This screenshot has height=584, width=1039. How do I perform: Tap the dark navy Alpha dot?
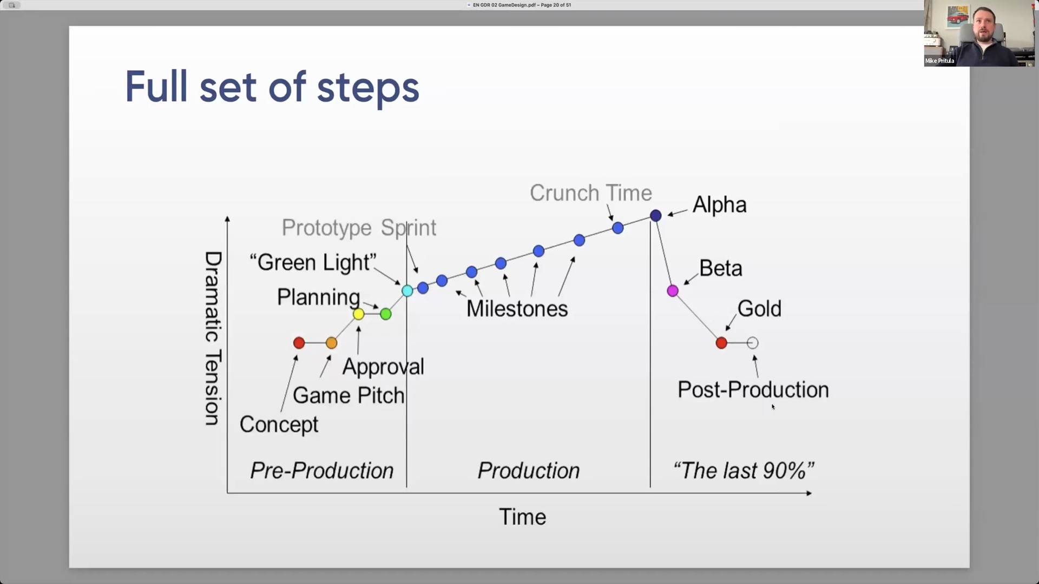655,216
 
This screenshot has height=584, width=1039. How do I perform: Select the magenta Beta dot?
673,291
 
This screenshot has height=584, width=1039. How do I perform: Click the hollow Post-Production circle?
752,343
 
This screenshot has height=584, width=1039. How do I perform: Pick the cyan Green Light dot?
407,291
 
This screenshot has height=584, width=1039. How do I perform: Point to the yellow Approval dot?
358,314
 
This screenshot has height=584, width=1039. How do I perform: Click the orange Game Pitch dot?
332,343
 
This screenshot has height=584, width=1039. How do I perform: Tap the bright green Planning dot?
385,314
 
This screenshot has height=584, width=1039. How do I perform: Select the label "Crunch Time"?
591,193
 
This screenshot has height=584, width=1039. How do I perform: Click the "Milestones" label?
517,309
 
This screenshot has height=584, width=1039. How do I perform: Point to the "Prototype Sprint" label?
359,228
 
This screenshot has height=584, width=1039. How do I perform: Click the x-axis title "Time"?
522,517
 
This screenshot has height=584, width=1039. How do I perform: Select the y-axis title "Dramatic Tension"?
213,339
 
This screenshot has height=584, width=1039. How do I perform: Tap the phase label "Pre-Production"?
322,470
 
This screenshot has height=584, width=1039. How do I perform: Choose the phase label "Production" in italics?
529,470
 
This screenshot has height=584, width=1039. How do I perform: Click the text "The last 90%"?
744,470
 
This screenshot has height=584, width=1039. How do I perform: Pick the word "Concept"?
279,424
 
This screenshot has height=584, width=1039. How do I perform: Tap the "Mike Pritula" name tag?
939,61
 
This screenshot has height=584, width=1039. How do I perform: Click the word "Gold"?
759,309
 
